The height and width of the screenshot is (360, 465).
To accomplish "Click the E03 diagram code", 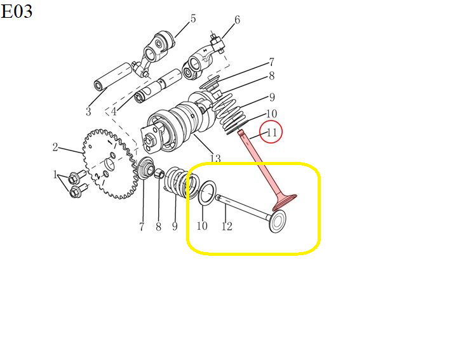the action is tap(17, 12).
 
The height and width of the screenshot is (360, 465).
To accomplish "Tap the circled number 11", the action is tap(272, 132).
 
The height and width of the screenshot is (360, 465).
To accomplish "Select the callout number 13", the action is tap(215, 159).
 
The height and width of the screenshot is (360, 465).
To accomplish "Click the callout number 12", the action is tap(227, 227).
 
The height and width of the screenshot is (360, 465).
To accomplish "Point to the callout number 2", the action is tap(55, 147).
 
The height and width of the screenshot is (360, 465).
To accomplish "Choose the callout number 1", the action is tap(55, 174).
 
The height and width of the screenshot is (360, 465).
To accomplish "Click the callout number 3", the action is tap(88, 112).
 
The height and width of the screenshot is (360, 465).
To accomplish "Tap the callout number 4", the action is tap(114, 112).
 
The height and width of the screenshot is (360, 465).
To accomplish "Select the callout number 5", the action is tap(193, 18).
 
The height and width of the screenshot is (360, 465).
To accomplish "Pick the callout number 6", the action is tap(237, 20).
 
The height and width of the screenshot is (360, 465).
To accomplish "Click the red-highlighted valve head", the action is tap(285, 201).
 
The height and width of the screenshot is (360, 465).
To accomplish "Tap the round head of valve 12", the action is tap(278, 222).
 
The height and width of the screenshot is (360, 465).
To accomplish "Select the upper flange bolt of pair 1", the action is tap(77, 177).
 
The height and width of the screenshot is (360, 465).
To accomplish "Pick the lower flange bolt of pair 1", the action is tap(78, 190).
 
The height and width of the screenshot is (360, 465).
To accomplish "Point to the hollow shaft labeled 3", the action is tap(113, 76).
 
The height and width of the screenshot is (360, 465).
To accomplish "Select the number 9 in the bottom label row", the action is tap(175, 227).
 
